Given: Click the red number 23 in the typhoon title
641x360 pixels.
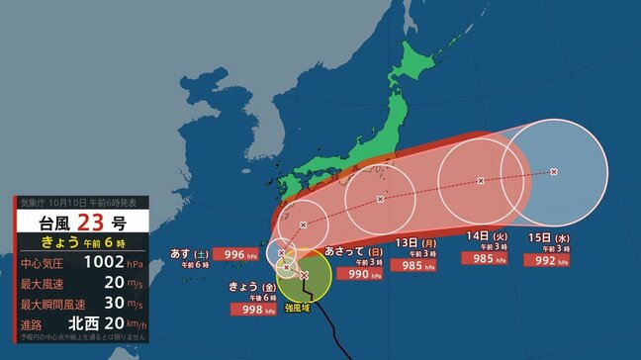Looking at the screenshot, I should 82,220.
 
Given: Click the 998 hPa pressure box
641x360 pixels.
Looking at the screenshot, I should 250,309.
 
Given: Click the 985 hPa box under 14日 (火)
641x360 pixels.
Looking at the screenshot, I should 486,259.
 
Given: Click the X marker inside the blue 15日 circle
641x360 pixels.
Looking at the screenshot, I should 553,172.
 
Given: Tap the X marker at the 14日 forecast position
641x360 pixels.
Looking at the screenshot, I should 481,181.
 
